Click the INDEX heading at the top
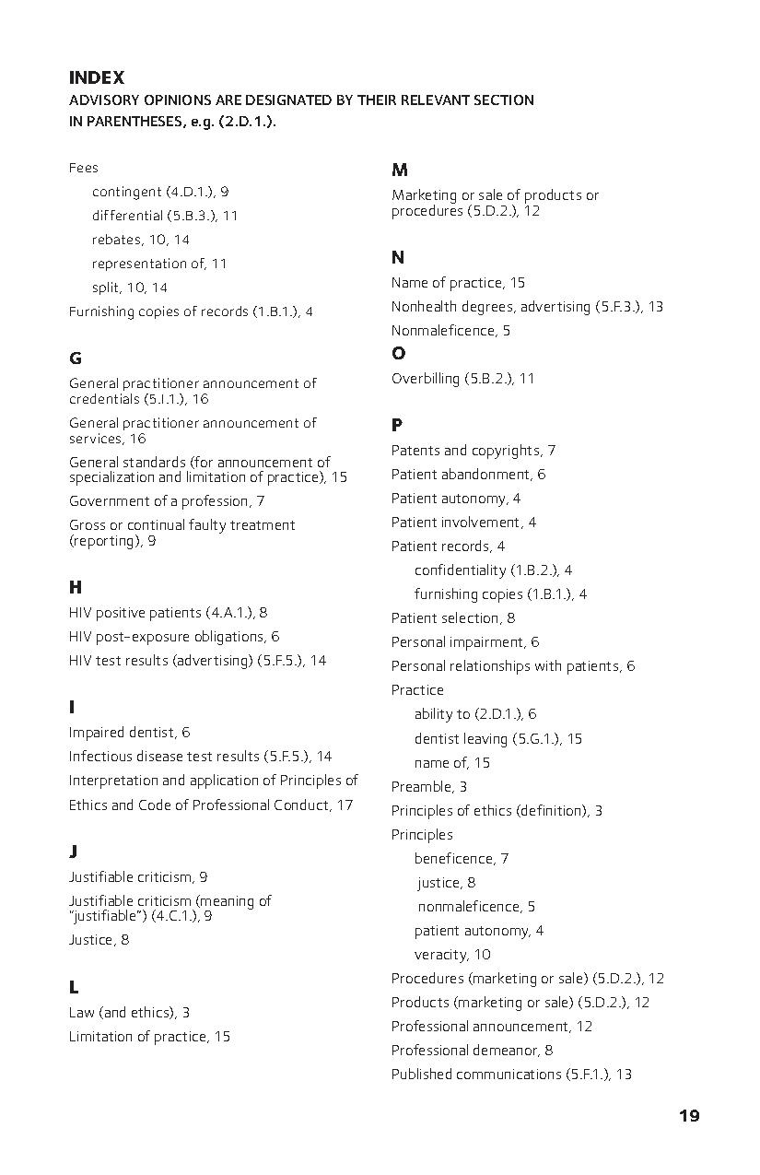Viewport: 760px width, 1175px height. (96, 78)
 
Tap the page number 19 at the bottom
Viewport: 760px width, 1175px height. (689, 1116)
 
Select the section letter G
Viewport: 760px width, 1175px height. (76, 358)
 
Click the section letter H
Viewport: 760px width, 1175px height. (76, 588)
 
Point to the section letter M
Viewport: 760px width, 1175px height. (400, 170)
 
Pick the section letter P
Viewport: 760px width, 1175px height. (397, 426)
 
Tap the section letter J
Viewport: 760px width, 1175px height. (73, 852)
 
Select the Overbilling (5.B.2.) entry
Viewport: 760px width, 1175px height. (462, 379)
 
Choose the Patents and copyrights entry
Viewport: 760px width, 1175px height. (473, 451)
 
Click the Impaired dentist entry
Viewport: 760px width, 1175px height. (129, 733)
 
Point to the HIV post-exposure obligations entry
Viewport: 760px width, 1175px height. (173, 637)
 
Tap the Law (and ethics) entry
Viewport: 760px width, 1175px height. (129, 1013)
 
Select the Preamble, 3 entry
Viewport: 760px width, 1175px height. (428, 787)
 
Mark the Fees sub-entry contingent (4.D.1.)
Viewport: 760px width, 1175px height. (159, 192)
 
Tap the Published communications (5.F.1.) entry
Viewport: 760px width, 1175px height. (511, 1075)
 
